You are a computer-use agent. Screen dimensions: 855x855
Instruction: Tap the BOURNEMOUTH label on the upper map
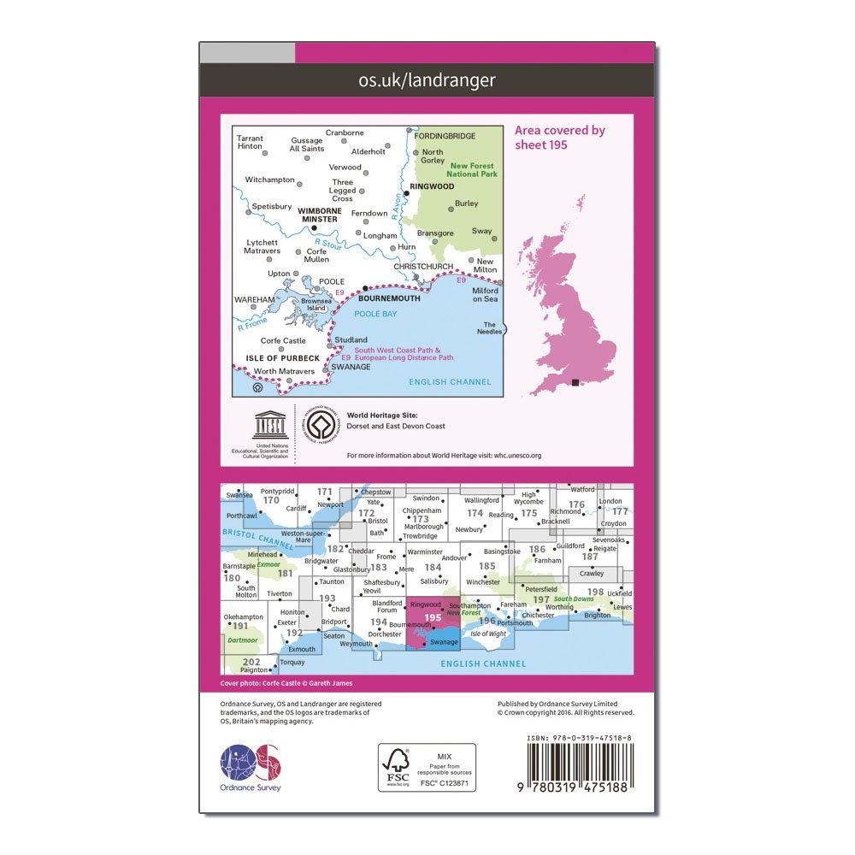388,301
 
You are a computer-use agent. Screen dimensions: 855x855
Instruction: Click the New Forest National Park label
472,169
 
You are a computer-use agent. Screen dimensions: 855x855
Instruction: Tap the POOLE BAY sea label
380,315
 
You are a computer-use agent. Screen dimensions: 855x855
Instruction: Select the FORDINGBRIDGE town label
444,135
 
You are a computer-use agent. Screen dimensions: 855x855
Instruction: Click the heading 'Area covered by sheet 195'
560,137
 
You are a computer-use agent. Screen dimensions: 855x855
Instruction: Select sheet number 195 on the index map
433,616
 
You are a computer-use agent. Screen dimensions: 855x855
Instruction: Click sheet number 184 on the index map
433,566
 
